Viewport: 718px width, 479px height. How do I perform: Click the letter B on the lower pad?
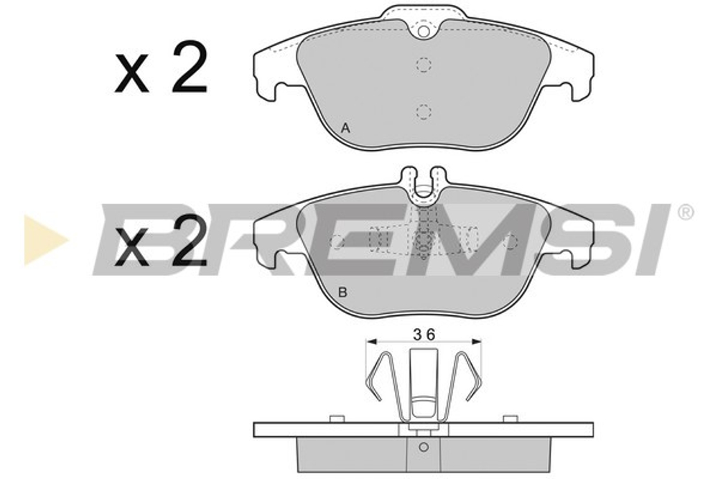click(342, 292)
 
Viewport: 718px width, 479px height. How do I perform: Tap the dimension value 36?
click(424, 334)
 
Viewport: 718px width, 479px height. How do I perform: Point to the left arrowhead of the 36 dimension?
click(370, 343)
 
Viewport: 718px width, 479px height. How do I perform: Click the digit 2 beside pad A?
click(189, 68)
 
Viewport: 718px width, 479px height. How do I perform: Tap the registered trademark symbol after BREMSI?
click(686, 213)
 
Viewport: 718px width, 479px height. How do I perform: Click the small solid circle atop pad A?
click(424, 32)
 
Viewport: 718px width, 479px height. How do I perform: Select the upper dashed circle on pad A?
click(424, 65)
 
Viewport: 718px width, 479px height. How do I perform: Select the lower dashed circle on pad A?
click(424, 111)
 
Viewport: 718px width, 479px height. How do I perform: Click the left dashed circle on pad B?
click(336, 241)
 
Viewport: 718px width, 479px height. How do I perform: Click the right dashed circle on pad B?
click(510, 241)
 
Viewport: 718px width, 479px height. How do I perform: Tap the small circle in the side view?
click(424, 447)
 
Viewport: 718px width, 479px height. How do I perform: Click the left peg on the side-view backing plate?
click(335, 419)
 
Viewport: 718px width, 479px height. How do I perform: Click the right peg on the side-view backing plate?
click(510, 419)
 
